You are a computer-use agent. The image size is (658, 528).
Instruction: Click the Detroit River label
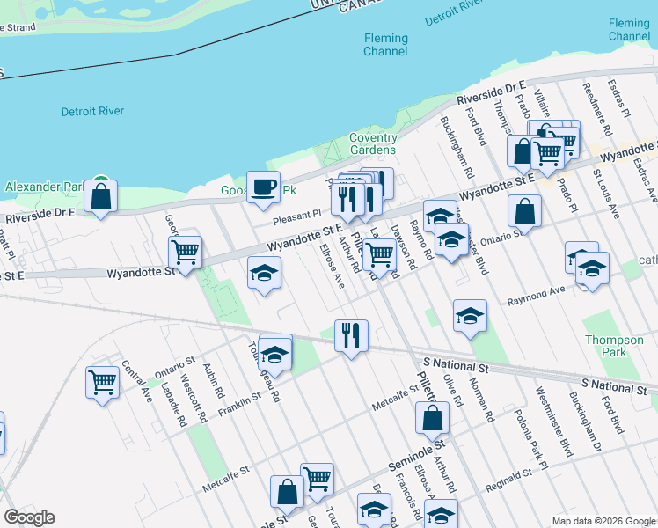pyautogui.click(x=92, y=111)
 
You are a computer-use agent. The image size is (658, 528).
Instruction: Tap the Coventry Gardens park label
pyautogui.click(x=373, y=143)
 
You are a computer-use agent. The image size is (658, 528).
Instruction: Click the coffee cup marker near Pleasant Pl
pyautogui.click(x=263, y=187)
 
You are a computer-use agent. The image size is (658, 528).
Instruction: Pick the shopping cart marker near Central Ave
pyautogui.click(x=103, y=384)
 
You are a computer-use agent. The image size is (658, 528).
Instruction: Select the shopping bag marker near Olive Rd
pyautogui.click(x=433, y=419)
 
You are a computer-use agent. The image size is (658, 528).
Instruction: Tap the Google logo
pyautogui.click(x=29, y=517)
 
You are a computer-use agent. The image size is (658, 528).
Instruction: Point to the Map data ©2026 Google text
pyautogui.click(x=604, y=521)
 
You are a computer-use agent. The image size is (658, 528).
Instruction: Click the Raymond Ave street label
pyautogui.click(x=536, y=296)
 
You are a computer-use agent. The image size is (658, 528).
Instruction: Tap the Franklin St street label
pyautogui.click(x=240, y=405)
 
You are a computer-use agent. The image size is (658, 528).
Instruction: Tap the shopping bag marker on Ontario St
pyautogui.click(x=524, y=212)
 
